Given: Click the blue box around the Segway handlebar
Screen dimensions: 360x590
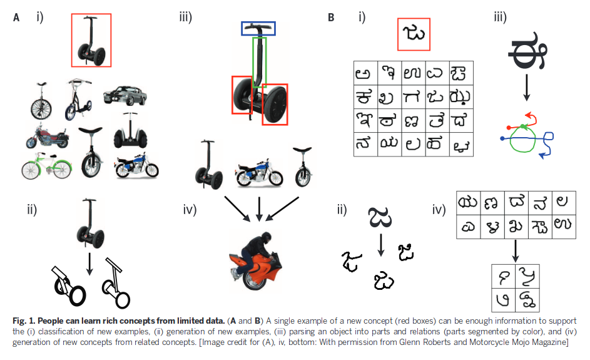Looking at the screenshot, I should tap(258, 28).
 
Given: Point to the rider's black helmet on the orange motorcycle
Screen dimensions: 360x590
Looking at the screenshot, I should tap(263, 240).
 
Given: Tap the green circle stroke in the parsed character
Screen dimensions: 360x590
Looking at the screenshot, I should tap(523, 140).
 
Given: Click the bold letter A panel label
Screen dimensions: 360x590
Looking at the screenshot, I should tap(17, 18).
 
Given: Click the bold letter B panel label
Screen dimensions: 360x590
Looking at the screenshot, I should tap(332, 18).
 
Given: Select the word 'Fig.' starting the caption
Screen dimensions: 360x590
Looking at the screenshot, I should tap(21, 321).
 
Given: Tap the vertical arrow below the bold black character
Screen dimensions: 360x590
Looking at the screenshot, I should tap(526, 87).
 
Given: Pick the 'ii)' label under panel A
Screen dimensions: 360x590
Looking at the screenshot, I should tap(31, 209).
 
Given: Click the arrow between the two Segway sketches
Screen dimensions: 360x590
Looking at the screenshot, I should tap(90, 263).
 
